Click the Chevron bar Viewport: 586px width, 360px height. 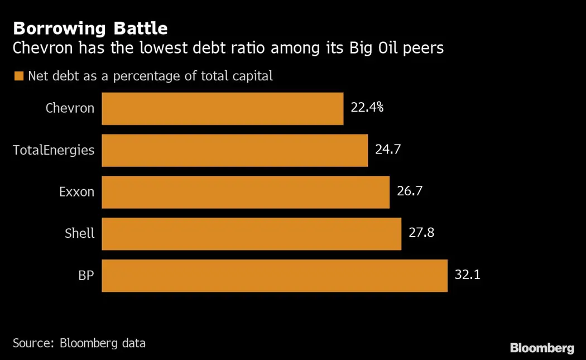coord(222,108)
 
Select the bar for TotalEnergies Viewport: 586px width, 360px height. coord(234,150)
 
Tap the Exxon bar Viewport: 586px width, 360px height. coord(246,192)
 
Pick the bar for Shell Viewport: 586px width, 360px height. coord(251,234)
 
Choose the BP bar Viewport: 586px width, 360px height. coord(275,275)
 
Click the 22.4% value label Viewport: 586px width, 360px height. coord(367,108)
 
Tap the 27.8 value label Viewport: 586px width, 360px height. coord(421,233)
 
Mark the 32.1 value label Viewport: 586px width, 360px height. coord(467,275)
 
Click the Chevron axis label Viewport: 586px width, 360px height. coord(70,108)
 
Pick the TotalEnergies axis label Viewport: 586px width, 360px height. coord(54,150)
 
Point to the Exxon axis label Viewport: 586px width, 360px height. coord(76,192)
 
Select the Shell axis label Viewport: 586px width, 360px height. coord(79,233)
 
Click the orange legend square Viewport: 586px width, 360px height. coord(19,76)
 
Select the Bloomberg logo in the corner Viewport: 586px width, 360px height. coord(541,348)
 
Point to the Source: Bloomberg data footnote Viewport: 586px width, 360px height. coord(79,343)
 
